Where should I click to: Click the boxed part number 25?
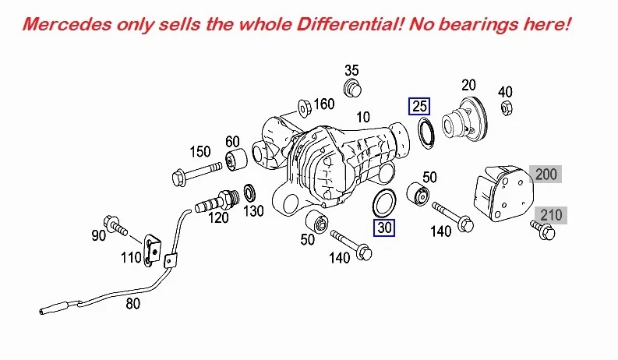click(420, 106)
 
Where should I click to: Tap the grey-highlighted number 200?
click(546, 174)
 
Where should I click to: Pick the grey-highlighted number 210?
click(550, 214)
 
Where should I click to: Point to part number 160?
click(323, 104)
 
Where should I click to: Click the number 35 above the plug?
click(351, 70)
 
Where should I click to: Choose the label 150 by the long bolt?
click(201, 150)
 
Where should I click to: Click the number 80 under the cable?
click(132, 304)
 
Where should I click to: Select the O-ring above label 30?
click(384, 202)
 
